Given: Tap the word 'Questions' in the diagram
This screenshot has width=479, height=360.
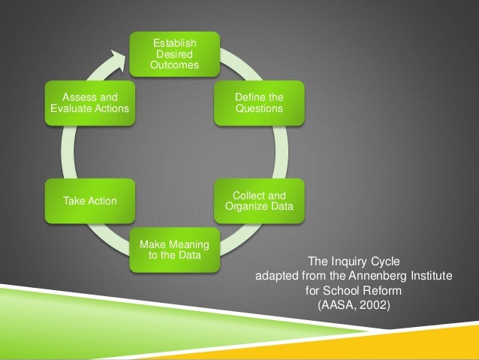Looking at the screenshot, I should coord(259,109).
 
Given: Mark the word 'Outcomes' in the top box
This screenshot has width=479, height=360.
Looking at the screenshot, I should coord(174,65).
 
